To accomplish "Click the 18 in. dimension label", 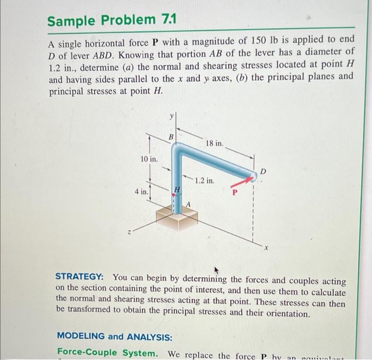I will pyautogui.click(x=214, y=143).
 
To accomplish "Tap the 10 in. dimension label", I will pyautogui.click(x=149, y=159).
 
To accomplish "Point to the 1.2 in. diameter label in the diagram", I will pyautogui.click(x=205, y=181).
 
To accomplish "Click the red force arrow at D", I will pyautogui.click(x=241, y=182).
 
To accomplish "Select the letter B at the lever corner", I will pyautogui.click(x=171, y=137).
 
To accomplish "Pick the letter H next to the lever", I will pyautogui.click(x=179, y=188).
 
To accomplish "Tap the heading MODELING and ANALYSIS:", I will pyautogui.click(x=114, y=336).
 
